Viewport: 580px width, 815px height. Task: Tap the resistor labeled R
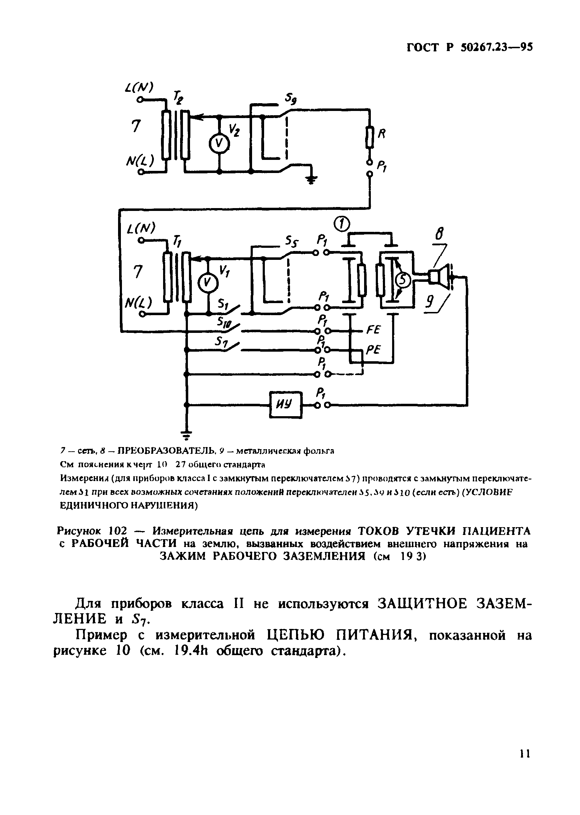[x=370, y=137]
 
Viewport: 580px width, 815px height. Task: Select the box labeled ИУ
[x=286, y=404]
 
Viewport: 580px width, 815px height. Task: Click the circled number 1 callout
[x=341, y=224]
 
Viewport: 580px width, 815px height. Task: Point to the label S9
[x=291, y=100]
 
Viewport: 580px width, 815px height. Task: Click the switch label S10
[x=224, y=323]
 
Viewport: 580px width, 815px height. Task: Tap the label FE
[x=374, y=330]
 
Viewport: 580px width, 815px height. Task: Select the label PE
[x=374, y=350]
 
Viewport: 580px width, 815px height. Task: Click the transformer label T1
[x=177, y=242]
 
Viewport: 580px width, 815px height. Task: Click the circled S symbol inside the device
[x=403, y=281]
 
